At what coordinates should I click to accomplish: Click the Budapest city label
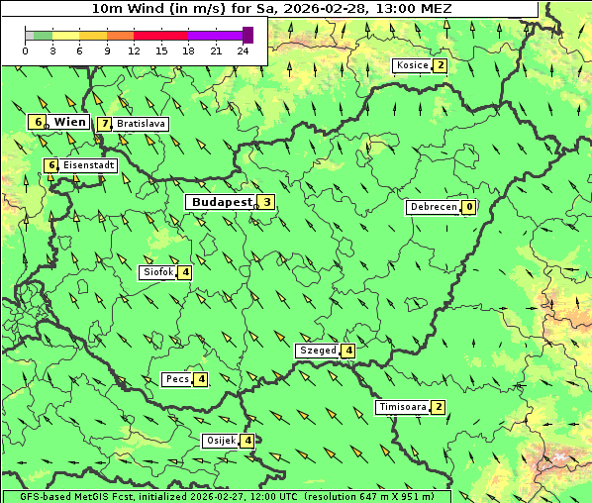[221, 202]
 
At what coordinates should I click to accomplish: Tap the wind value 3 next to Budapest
[266, 202]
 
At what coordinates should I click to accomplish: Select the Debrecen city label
[433, 208]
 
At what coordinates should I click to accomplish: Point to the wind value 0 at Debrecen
[468, 208]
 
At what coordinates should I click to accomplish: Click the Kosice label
[411, 66]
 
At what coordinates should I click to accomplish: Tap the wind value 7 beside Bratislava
[104, 125]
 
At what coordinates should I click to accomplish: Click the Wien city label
[69, 122]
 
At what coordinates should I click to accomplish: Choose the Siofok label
[157, 272]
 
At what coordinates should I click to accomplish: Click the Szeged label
[317, 351]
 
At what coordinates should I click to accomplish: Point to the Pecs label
[177, 379]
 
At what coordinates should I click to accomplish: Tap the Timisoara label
[402, 407]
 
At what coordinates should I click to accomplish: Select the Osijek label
[220, 441]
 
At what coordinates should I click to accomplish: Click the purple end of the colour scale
[248, 35]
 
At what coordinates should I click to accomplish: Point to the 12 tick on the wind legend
[134, 50]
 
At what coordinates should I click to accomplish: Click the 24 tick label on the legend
[243, 50]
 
